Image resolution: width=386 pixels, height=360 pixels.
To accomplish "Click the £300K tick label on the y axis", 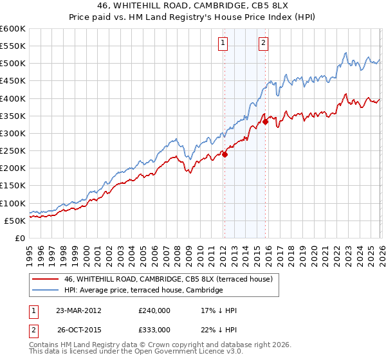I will tap(13, 133).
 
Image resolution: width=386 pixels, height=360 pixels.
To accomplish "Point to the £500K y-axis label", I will tap(13, 64).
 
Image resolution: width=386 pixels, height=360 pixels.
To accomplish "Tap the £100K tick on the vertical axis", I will tap(13, 203).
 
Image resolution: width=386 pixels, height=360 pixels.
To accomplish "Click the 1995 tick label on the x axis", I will tap(30, 253).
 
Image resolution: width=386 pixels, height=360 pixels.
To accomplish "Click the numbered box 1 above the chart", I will tap(223, 43).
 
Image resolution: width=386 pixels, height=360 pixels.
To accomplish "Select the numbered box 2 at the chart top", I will tap(264, 43).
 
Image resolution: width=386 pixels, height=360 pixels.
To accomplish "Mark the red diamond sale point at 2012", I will tap(225, 154).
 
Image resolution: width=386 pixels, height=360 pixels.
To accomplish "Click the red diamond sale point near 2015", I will tap(265, 122).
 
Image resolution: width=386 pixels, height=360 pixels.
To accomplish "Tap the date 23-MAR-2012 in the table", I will tap(79, 310).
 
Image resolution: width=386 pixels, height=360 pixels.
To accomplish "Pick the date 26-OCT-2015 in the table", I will tap(79, 330).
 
